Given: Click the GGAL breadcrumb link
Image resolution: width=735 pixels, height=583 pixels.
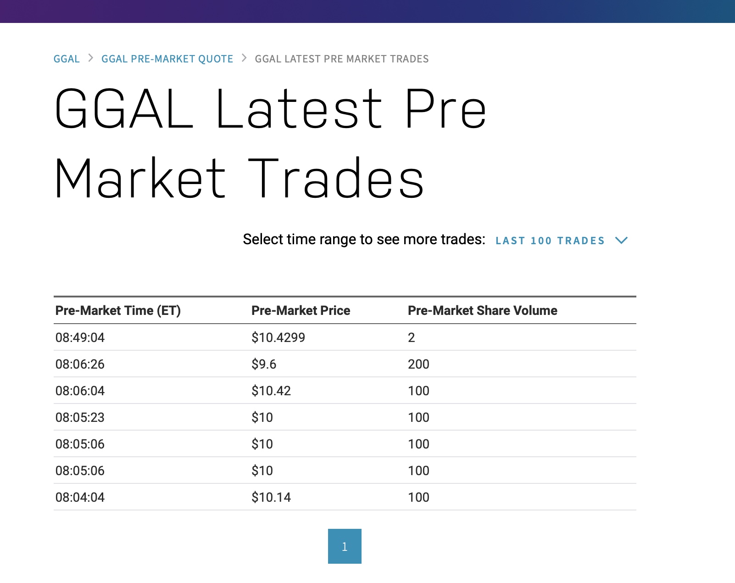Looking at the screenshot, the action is pos(67,59).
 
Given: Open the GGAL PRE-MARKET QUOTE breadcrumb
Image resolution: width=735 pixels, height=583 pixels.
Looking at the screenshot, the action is pos(167,59).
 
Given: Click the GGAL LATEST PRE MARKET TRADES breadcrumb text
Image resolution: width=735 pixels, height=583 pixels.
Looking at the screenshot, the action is pos(341,59).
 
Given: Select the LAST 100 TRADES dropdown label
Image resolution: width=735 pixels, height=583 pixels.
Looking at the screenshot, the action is pos(550,241).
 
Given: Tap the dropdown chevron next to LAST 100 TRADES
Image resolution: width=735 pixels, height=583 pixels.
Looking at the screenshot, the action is pos(621,240).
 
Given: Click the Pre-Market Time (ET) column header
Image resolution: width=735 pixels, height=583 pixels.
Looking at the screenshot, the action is pos(118,311).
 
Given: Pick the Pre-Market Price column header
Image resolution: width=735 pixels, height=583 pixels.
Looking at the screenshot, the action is pos(301,311).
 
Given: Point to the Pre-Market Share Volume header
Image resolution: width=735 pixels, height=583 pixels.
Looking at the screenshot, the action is pos(483,311).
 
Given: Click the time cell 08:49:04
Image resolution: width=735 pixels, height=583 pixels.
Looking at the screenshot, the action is pos(80,337).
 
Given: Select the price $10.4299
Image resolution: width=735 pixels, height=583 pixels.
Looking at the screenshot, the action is pos(278,337).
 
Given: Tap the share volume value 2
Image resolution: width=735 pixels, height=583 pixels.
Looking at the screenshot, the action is pos(411,337).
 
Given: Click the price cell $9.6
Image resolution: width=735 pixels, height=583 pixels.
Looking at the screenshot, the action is pos(264,364).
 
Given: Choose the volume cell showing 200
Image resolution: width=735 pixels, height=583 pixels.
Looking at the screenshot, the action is pos(418,364).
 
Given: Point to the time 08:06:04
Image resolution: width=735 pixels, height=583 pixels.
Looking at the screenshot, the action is pos(80,391).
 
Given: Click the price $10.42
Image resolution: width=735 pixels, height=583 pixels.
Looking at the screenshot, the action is pos(271,391).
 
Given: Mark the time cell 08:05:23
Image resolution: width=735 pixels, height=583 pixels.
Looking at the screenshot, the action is pos(80,418).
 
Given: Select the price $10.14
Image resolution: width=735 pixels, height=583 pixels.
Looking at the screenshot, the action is pos(271,498).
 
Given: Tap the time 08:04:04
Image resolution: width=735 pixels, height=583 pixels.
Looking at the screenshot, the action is pos(80,498).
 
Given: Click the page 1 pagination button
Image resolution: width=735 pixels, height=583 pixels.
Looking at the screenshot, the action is pos(345,546).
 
